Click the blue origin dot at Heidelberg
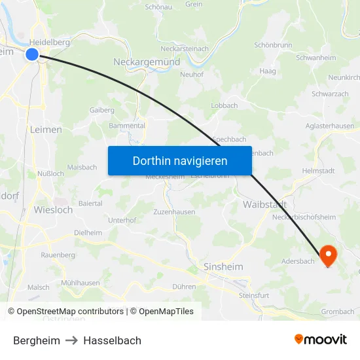pos(32,54)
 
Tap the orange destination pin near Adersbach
pos(327,255)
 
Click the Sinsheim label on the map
pos(223,267)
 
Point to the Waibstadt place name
pos(264,205)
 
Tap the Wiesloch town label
pos(52,210)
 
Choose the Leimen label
pos(46,130)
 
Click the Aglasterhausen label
pos(330,126)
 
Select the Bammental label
pos(127,125)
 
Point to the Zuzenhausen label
pos(174,213)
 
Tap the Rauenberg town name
pos(58,255)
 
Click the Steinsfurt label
pos(254,295)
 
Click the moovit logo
pos(320,340)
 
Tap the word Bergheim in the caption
pos(37,340)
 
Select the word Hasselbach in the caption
pos(112,340)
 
